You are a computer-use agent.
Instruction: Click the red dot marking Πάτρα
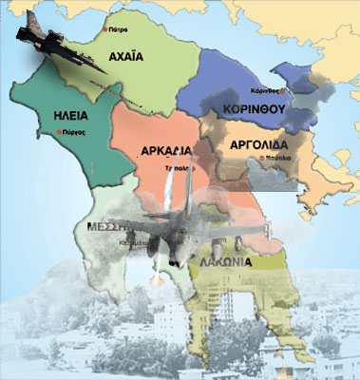(105, 29)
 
